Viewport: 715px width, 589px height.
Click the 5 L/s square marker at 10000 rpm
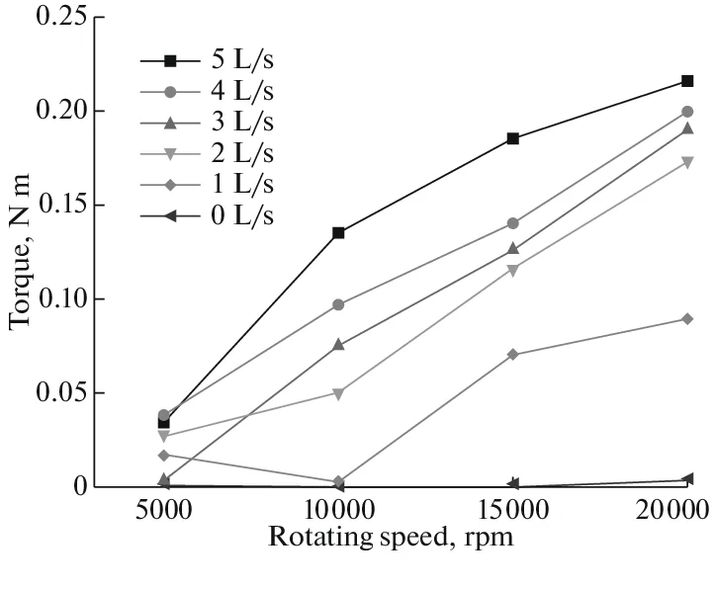click(x=338, y=233)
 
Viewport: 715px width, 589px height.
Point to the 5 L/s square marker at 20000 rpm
click(x=687, y=81)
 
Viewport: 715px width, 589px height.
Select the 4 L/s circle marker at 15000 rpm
click(x=512, y=223)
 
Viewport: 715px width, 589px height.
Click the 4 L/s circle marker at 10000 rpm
click(x=338, y=304)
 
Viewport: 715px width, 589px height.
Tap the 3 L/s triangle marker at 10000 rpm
click(x=338, y=345)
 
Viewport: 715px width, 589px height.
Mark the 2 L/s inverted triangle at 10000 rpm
click(x=338, y=393)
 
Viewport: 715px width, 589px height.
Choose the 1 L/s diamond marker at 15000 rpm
click(x=512, y=354)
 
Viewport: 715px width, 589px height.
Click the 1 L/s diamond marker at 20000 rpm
click(x=687, y=318)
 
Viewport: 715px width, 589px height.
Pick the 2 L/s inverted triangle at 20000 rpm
click(x=687, y=162)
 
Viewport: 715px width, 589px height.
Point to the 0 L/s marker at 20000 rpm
click(x=687, y=479)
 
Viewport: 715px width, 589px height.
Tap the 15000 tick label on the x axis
click(x=512, y=514)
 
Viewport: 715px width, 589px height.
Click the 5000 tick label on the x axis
click(x=163, y=514)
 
